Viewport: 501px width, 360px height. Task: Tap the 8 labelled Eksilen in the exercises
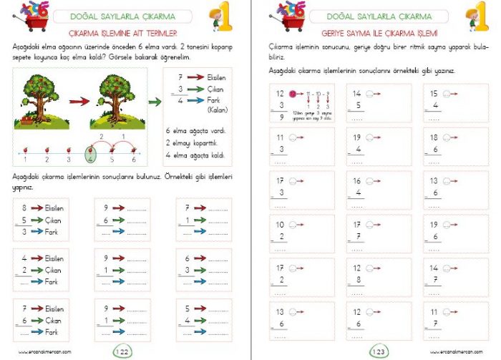(x=25, y=208)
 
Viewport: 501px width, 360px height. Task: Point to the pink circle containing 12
(x=292, y=94)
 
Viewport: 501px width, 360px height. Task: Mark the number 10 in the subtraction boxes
(x=280, y=224)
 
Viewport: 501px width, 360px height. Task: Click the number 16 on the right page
(x=356, y=181)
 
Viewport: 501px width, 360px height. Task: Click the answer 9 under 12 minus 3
(x=281, y=117)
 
